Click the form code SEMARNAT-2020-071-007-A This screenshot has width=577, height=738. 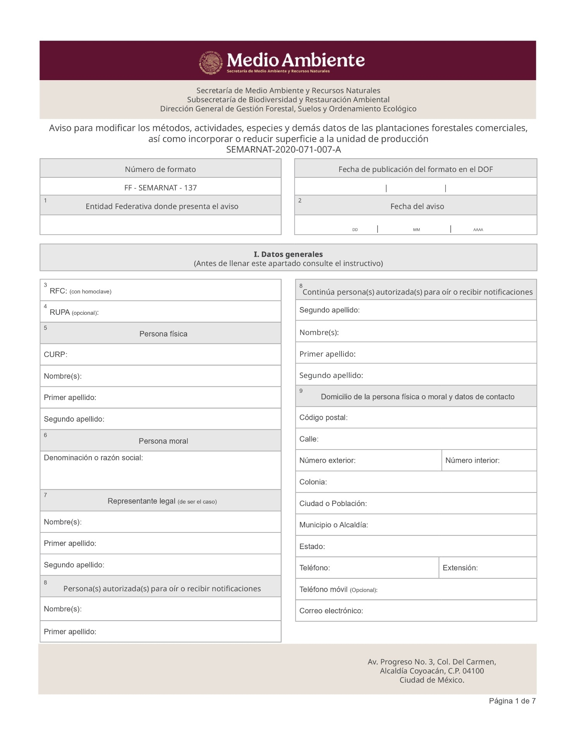(283, 149)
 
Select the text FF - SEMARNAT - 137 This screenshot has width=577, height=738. (160, 188)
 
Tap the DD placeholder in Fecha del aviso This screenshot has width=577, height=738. (355, 230)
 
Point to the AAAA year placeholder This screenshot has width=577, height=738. (478, 230)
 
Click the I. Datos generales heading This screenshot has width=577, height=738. (288, 254)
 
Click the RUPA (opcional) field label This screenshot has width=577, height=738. (74, 312)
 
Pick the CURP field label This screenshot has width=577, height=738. (55, 354)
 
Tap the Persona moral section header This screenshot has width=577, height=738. (163, 441)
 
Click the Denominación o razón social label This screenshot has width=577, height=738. (93, 458)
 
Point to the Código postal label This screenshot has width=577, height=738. (323, 417)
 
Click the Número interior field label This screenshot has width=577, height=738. (472, 460)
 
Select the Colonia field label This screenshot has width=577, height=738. (313, 482)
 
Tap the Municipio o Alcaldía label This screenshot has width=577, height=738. (333, 525)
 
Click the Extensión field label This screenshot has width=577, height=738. (460, 568)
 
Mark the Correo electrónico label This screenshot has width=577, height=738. (331, 611)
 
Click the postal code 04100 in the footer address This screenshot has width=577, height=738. (473, 671)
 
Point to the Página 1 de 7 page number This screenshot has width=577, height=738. (512, 701)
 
